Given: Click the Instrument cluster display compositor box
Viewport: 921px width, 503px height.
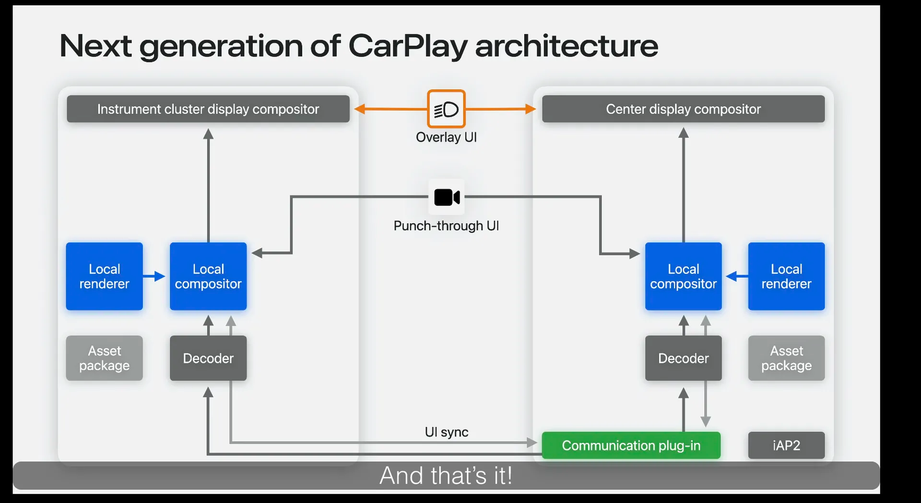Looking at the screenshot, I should [208, 109].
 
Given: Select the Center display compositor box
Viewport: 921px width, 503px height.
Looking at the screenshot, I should [683, 109].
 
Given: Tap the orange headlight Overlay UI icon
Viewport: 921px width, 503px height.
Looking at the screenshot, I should [446, 109].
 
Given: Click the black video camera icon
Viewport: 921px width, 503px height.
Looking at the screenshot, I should [447, 197].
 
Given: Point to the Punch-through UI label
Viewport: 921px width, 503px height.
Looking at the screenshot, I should [446, 226].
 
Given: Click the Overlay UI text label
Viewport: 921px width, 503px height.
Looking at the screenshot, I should [446, 137].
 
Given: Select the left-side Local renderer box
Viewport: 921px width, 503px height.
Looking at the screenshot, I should [104, 276].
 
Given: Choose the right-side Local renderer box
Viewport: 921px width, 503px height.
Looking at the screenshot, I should [786, 276].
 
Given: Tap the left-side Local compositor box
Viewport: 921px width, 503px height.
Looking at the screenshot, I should [208, 276].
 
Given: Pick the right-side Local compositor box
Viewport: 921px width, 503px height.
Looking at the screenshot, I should [683, 276].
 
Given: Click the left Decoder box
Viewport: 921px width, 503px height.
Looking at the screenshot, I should [208, 358].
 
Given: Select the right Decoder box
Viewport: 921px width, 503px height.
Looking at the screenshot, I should [683, 358].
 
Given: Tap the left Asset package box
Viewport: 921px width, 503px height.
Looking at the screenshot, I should [104, 358].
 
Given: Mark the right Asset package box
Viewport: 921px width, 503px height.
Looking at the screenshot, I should [786, 358].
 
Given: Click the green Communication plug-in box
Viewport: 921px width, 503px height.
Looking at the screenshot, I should [631, 445].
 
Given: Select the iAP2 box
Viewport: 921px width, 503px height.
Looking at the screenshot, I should [786, 445].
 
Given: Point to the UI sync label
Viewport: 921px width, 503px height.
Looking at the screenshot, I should [446, 432].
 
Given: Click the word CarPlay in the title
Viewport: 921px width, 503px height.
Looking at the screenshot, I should [407, 47].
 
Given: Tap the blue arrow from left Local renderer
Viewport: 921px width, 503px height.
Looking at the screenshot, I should [154, 276].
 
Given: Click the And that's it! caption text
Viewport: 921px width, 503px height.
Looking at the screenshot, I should [446, 476].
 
